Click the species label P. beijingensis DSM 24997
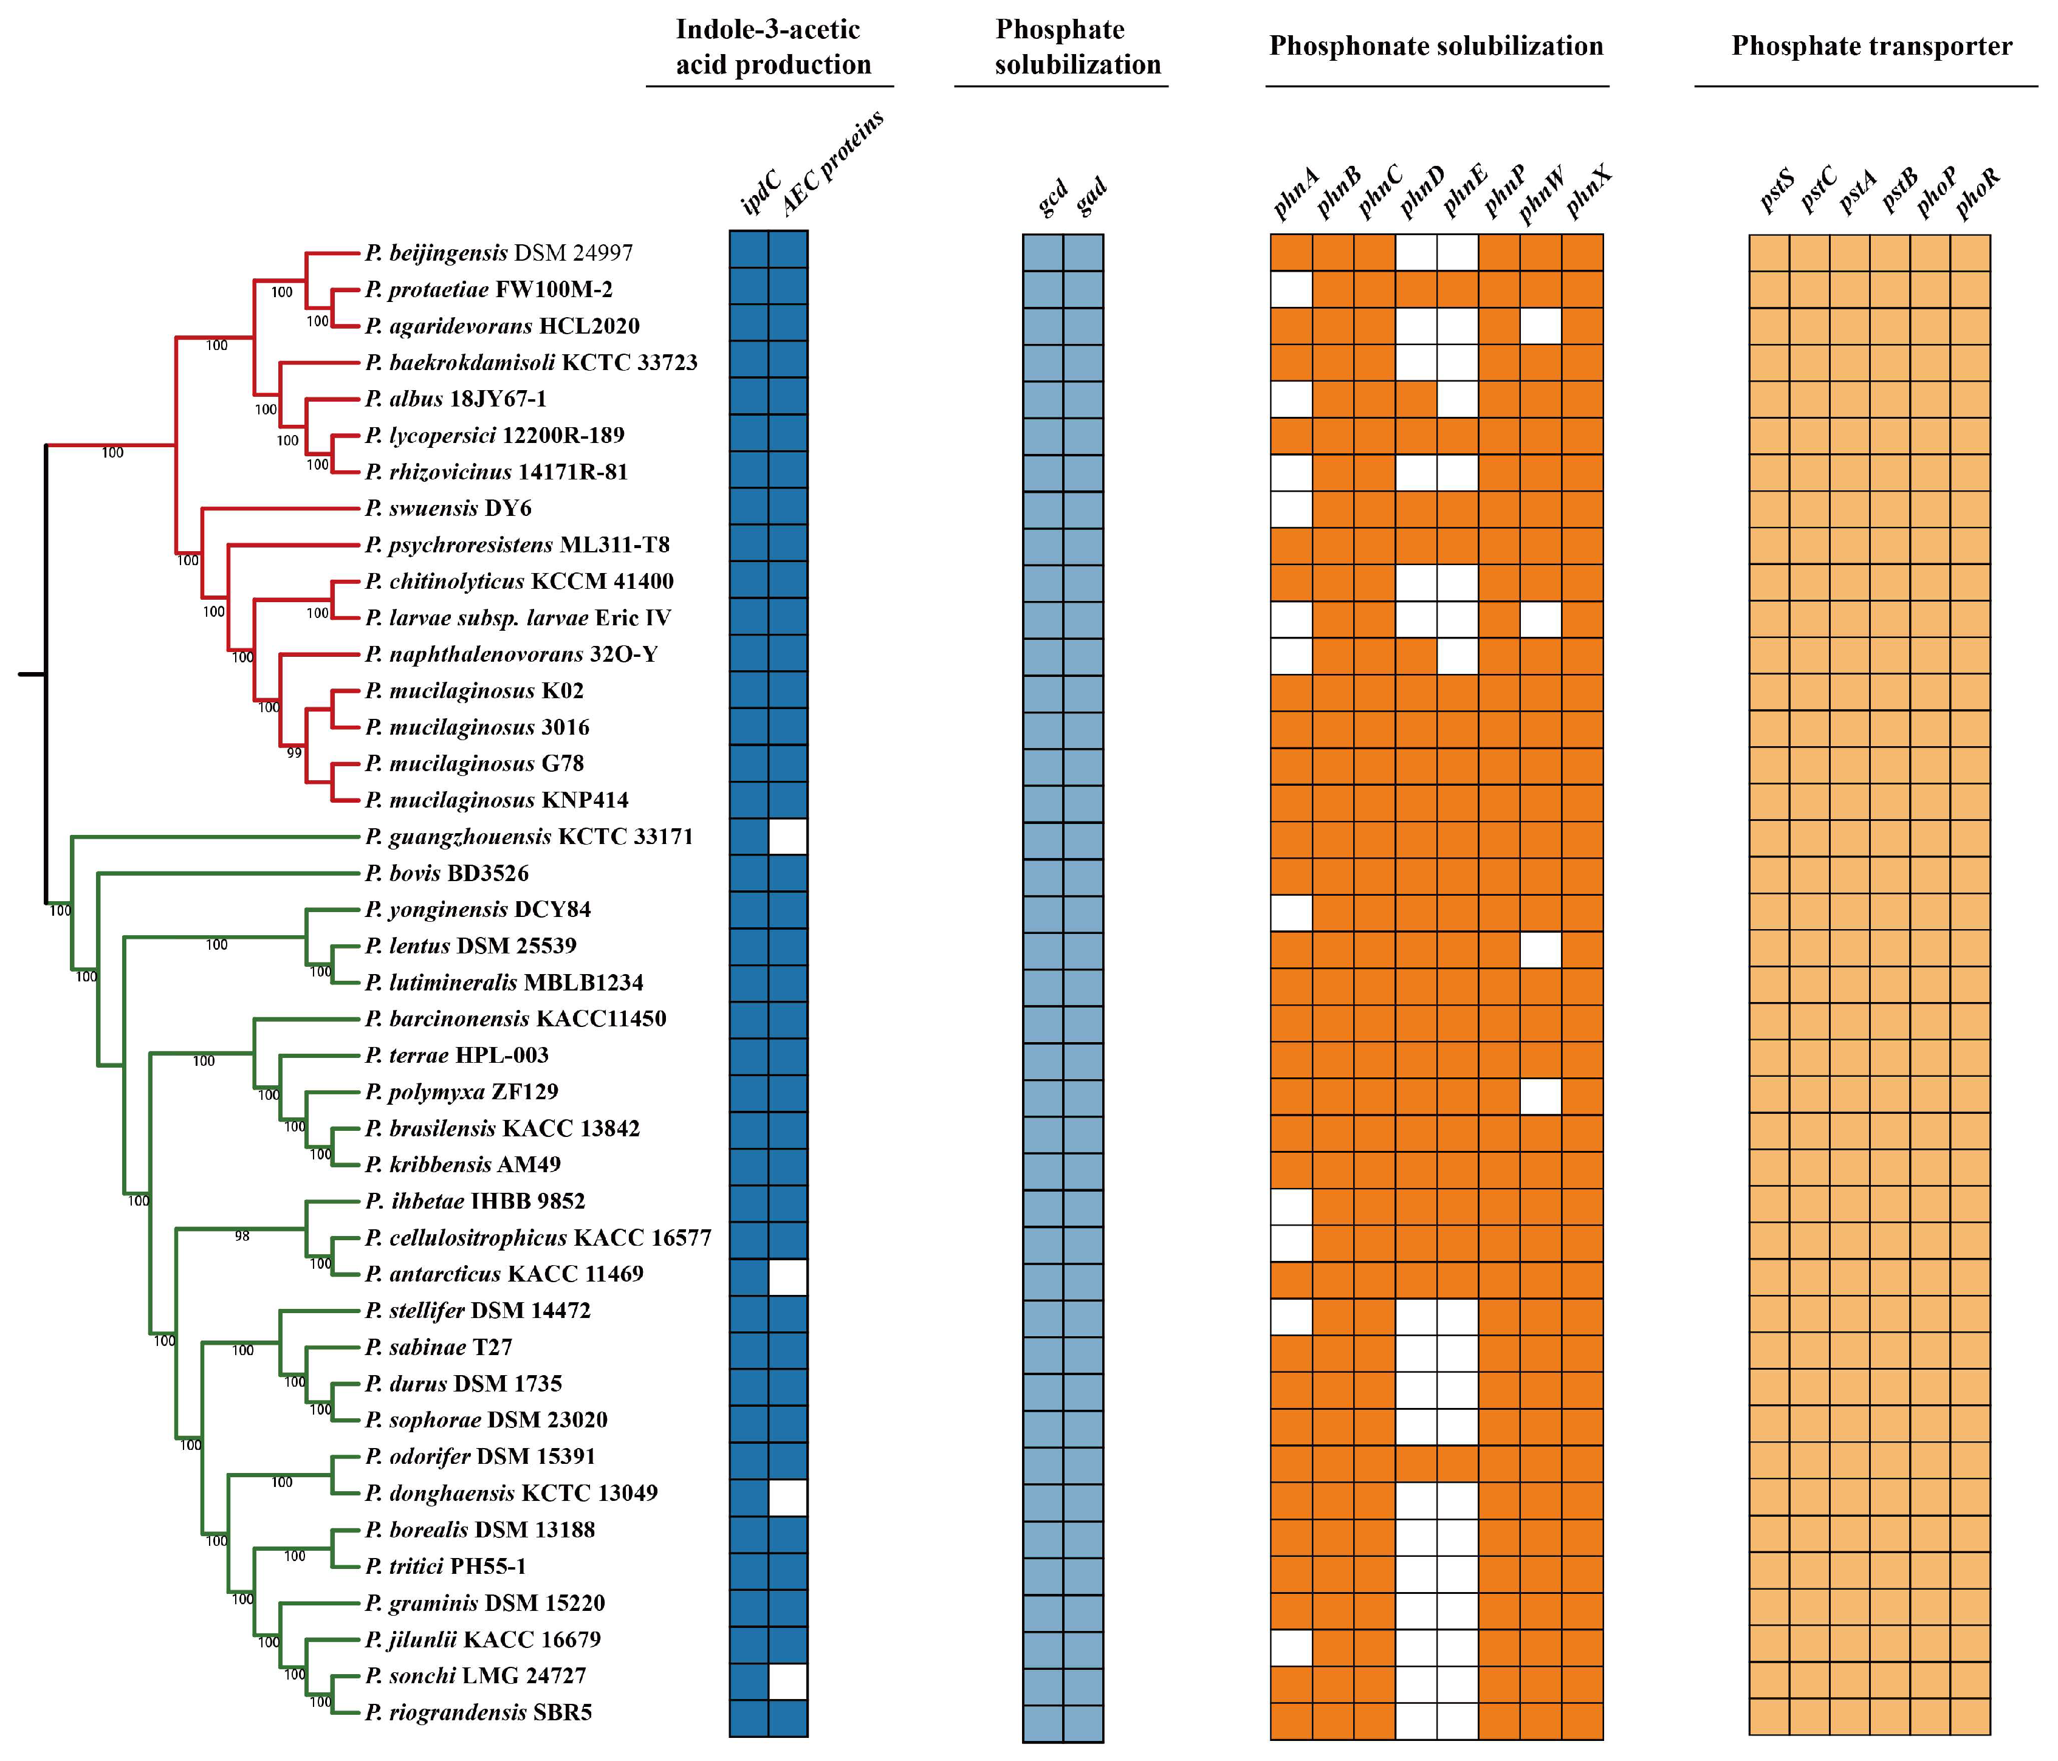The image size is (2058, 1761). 499,253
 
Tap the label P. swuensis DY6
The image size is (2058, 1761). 448,509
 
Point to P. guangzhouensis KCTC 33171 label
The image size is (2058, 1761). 529,836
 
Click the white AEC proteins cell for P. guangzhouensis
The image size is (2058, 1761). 787,836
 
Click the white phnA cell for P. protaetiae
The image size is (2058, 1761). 1291,289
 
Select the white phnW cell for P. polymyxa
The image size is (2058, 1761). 1540,1094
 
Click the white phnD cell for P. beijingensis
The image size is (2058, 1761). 1416,253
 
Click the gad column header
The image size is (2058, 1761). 1091,197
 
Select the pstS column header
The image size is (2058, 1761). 1777,191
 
